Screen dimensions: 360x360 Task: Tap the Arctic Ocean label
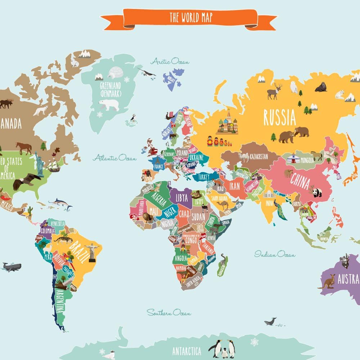(x=170, y=62)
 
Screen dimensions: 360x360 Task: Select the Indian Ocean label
(x=275, y=255)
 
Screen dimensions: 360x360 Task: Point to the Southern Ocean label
(x=168, y=312)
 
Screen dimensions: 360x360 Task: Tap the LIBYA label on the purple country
(x=182, y=197)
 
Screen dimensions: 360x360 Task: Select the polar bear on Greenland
(x=109, y=104)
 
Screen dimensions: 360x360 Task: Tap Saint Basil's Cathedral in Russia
(x=227, y=122)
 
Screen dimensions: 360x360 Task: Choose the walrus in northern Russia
(x=321, y=87)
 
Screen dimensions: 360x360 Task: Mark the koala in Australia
(x=345, y=261)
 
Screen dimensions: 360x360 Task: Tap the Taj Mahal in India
(x=269, y=195)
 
